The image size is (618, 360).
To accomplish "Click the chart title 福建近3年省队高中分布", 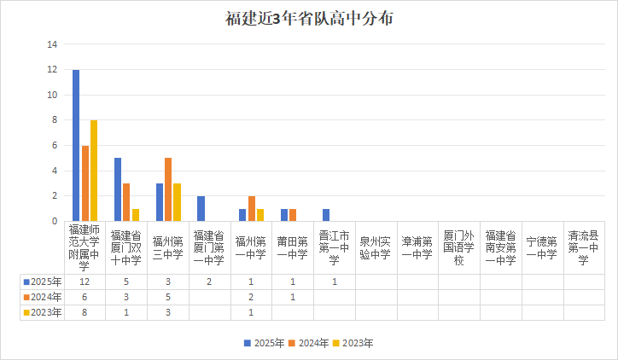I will tap(309, 19).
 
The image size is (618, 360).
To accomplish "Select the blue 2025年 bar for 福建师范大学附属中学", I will tap(76, 145).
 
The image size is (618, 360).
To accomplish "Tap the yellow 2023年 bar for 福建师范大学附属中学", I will tap(94, 171).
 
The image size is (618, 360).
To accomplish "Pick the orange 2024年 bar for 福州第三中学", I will tap(168, 189).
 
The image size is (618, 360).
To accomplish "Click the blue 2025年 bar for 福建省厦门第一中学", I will tap(201, 208).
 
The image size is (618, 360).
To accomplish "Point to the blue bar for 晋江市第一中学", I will tap(326, 215).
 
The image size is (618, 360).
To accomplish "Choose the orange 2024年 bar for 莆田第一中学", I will tap(293, 215).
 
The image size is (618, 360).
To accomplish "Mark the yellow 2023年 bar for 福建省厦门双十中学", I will tap(136, 215).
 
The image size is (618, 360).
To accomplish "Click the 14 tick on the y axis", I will tap(53, 44).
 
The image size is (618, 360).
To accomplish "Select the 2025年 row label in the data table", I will tap(43, 282).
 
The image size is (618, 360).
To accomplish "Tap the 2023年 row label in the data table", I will tap(43, 312).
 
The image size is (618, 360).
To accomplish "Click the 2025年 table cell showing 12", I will tap(85, 282).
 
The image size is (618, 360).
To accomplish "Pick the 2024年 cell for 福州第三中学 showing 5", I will tap(168, 297).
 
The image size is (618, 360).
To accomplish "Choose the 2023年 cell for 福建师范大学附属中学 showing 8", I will tap(85, 312).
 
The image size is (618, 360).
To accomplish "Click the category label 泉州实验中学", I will tap(376, 247).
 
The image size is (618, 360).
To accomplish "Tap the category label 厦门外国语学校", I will tap(459, 247).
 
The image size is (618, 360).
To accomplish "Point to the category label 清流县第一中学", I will tap(585, 247).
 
